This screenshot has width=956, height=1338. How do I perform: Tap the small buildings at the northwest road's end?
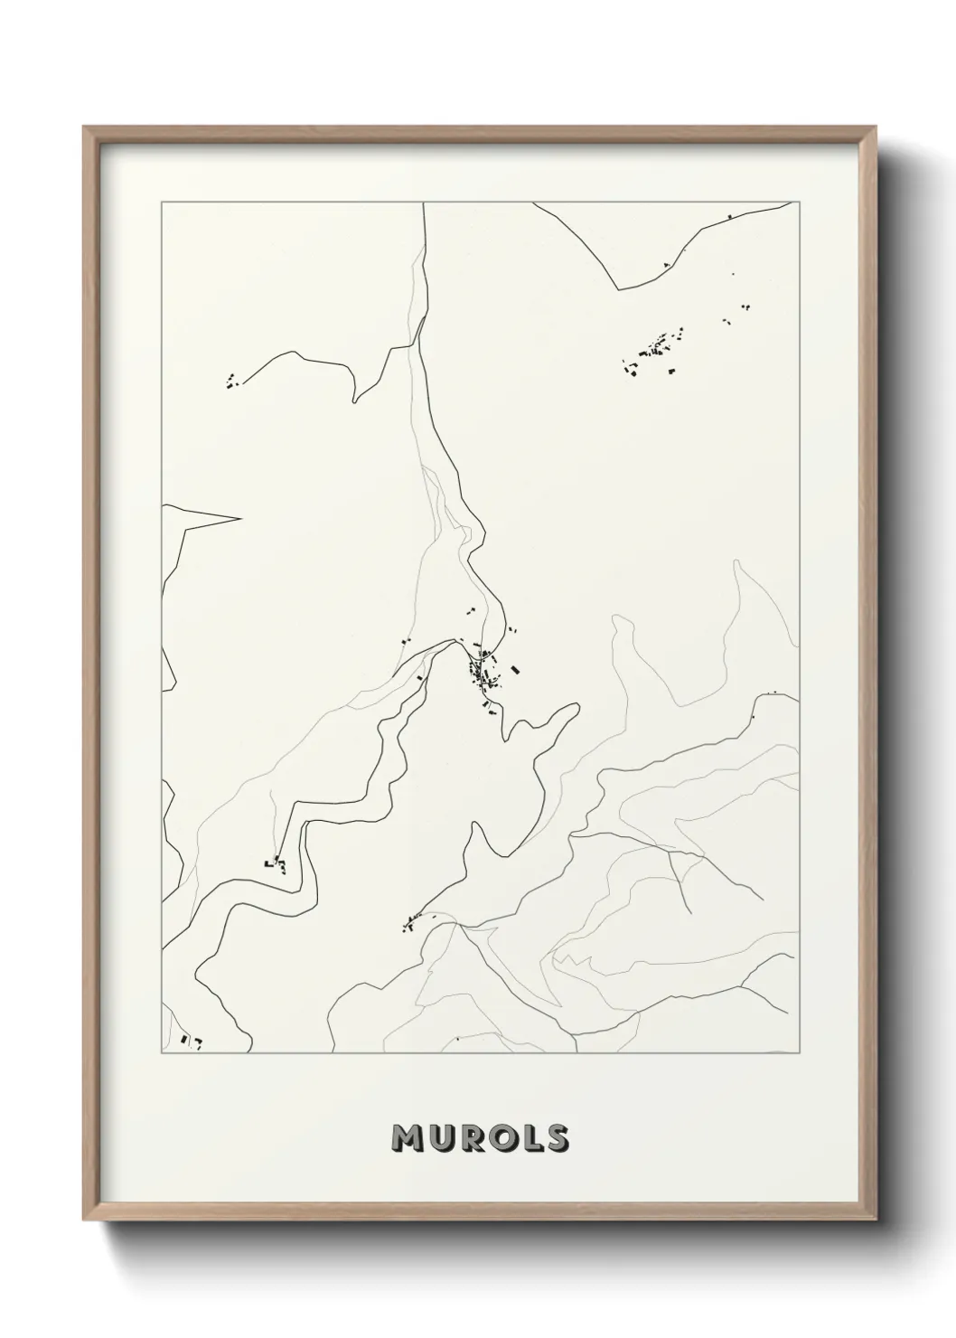click(233, 381)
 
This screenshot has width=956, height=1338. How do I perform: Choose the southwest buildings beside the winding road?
click(276, 865)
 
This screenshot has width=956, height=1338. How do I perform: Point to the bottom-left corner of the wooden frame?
click(85, 1217)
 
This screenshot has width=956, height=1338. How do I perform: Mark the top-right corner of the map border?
click(800, 203)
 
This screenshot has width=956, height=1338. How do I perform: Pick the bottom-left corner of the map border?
click(162, 1052)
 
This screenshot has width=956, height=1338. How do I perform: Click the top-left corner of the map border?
click(162, 203)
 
